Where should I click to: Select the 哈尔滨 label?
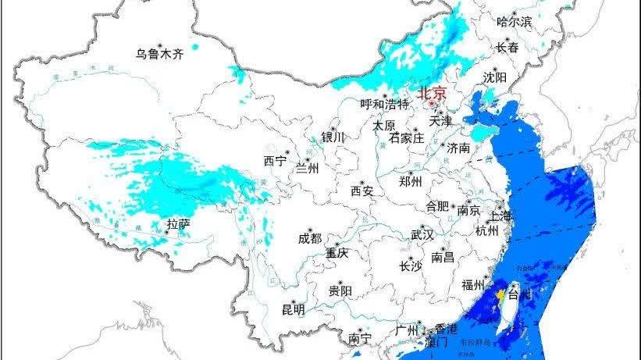514,22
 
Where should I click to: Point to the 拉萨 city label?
178,225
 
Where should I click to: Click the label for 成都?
310,239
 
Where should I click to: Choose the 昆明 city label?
293,309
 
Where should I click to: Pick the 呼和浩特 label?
384,104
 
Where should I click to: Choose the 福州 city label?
475,284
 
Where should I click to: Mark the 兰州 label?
307,168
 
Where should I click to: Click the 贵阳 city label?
340,291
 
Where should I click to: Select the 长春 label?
507,48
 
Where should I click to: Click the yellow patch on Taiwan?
497,297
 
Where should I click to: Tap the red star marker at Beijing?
429,102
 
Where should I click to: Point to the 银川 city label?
333,137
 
